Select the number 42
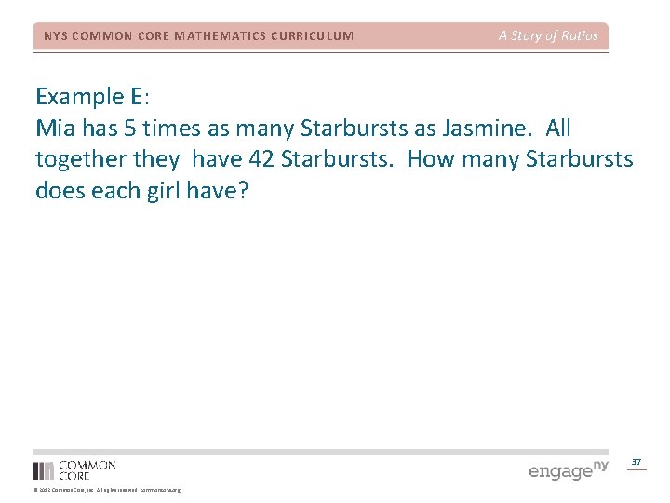point(261,159)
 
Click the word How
point(432,159)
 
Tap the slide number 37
point(636,462)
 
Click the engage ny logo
point(568,469)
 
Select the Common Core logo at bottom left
point(74,469)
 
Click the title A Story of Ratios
point(548,36)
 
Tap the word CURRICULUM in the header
point(310,36)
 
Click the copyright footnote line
point(107,490)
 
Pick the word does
point(59,191)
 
